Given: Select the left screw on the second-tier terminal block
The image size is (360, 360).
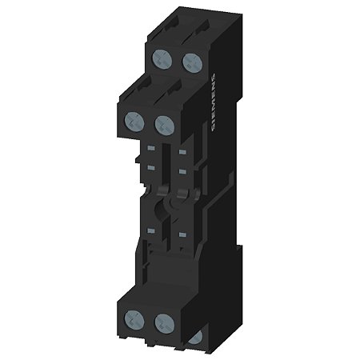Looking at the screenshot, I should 134,122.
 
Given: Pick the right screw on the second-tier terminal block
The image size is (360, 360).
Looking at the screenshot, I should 164,123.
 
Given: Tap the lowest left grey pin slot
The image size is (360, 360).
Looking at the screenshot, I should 150,230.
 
